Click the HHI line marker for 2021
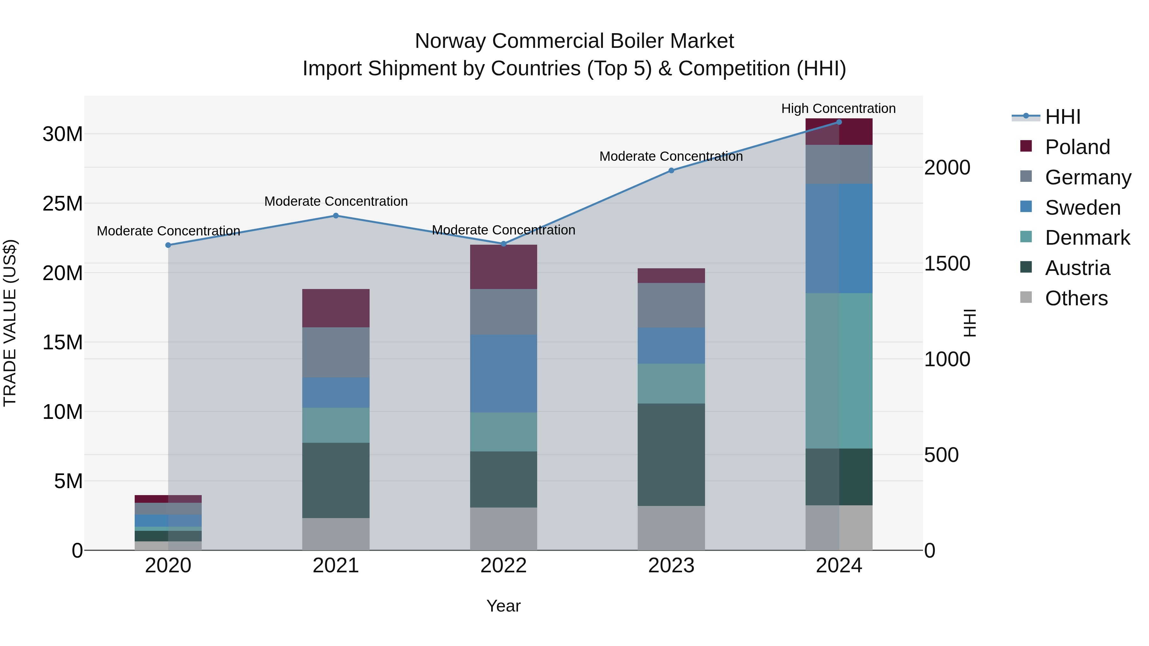click(x=336, y=216)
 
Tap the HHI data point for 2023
click(x=671, y=170)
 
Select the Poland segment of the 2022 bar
click(x=504, y=267)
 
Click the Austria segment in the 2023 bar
click(x=671, y=454)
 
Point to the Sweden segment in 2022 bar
click(x=504, y=373)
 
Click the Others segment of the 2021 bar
click(x=336, y=534)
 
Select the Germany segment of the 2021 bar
click(x=336, y=352)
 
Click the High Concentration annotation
click(x=838, y=108)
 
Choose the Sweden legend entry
click(x=1083, y=208)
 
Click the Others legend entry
click(x=1076, y=298)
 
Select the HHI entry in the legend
click(x=1063, y=117)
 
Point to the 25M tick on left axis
click(x=63, y=203)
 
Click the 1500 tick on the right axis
click(x=947, y=263)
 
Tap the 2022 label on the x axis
click(x=504, y=566)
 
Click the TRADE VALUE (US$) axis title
click(x=10, y=323)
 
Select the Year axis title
click(x=504, y=606)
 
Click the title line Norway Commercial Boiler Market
click(x=574, y=41)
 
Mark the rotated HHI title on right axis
click(x=969, y=323)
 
